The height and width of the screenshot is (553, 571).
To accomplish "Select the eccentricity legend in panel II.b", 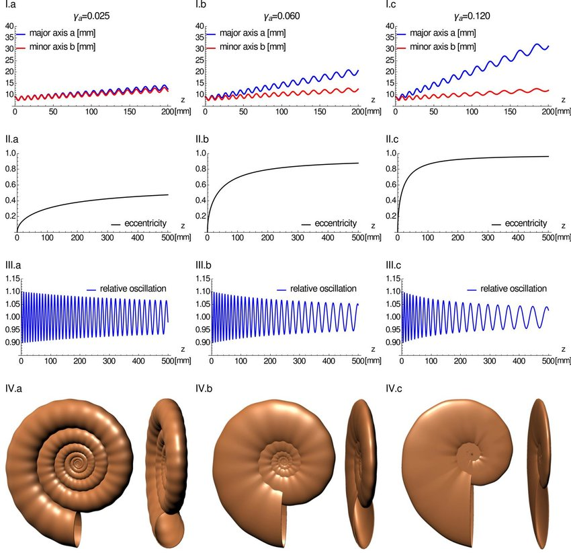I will pos(330,223).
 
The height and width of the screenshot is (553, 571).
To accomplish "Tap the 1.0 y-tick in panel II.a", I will pos(9,153).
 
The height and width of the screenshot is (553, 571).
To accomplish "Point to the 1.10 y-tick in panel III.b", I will pos(198,279).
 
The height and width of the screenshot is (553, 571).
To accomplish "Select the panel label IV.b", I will pos(204,388).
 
